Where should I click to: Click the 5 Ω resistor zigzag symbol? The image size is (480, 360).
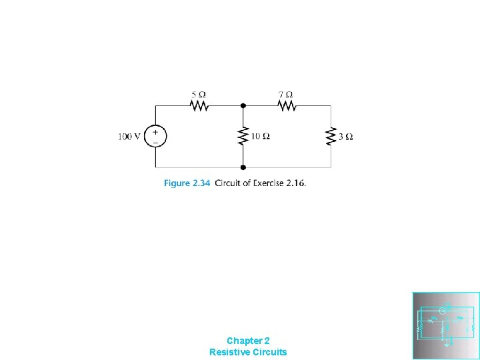(199, 105)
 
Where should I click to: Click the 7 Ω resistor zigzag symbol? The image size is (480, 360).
(287, 105)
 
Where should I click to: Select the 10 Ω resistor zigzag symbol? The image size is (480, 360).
(243, 137)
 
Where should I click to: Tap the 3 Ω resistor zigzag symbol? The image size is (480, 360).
(331, 137)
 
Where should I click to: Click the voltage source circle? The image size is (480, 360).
(155, 137)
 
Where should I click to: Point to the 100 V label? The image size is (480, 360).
(129, 137)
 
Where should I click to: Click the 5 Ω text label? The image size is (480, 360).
(197, 94)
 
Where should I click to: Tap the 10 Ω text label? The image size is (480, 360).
(260, 137)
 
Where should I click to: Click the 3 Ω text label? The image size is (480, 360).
(346, 137)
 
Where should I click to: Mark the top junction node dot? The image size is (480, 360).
(243, 105)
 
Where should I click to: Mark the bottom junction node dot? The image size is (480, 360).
(243, 167)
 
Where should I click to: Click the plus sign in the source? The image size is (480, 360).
(155, 132)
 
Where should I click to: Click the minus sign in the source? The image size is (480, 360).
(155, 141)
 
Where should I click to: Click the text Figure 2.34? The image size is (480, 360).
(187, 183)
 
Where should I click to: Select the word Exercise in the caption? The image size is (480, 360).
(266, 183)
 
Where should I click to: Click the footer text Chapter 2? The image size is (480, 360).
(248, 340)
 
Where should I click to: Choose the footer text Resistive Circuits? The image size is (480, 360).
(248, 352)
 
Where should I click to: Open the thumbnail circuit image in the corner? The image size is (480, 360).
(446, 326)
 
